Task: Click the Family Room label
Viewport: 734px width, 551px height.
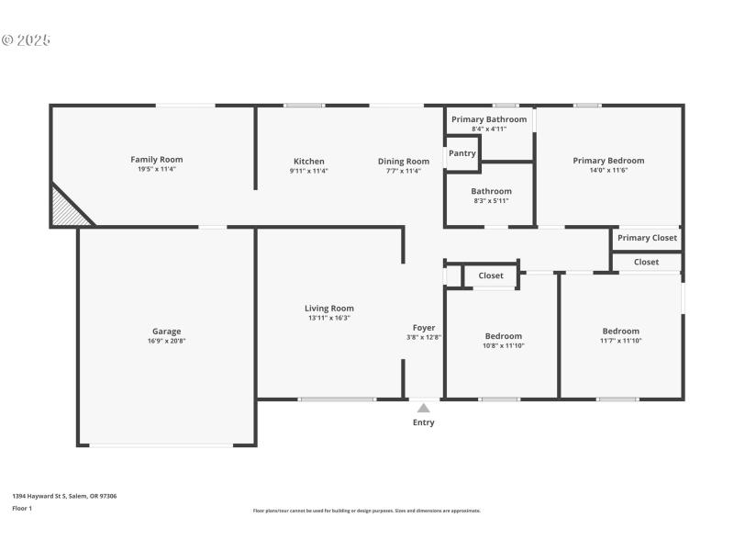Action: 158,160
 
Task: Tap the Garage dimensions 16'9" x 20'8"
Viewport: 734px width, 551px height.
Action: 166,341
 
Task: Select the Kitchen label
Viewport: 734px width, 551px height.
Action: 308,162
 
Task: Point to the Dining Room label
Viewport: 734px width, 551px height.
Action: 404,162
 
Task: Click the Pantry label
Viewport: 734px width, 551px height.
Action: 462,153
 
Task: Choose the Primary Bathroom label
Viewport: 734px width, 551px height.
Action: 489,119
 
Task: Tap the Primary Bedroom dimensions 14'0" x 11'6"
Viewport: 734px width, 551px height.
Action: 608,171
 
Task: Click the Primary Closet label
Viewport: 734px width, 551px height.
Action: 647,238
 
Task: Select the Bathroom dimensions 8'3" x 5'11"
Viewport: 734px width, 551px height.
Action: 491,201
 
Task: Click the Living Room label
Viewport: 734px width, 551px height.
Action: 329,309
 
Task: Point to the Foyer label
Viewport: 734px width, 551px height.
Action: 424,328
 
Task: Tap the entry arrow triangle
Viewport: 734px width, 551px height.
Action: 423,407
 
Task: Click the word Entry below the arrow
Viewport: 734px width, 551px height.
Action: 423,422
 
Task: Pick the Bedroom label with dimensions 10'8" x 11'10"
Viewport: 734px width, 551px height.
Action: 504,336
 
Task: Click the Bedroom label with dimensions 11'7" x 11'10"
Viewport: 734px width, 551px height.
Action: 621,332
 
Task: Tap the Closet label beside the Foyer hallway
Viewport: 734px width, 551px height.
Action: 490,275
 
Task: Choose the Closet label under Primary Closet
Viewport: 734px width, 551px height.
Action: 646,262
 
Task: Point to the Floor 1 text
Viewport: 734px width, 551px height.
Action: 22,508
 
